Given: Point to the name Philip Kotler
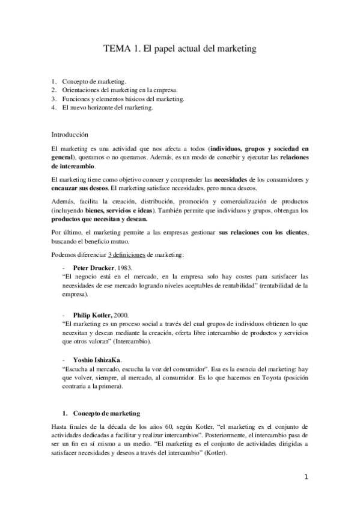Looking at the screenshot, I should click(92, 314).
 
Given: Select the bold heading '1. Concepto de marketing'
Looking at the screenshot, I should click(102, 397).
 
